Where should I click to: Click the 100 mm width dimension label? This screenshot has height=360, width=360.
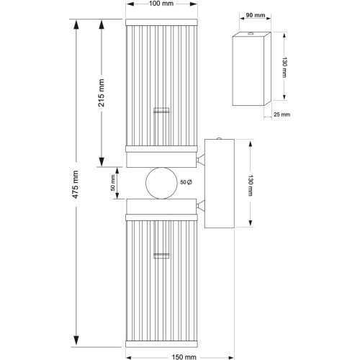click(161, 4)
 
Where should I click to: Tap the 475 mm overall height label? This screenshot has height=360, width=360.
click(76, 184)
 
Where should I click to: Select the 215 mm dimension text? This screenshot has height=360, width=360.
click(102, 93)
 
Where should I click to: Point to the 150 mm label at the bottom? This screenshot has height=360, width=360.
click(184, 357)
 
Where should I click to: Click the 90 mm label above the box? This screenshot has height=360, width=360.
click(256, 15)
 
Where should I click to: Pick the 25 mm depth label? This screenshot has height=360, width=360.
click(282, 114)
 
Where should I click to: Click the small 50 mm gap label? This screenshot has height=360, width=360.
click(113, 183)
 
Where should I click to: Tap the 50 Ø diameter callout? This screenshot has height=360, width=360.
click(186, 182)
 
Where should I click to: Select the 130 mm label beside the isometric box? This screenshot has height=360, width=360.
click(284, 67)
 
